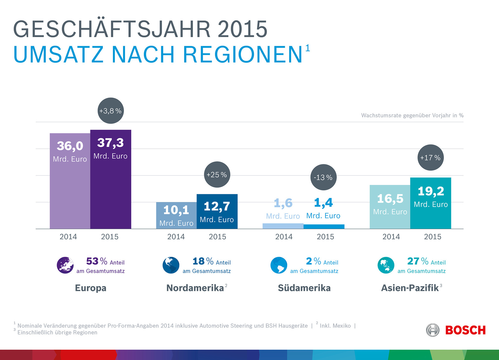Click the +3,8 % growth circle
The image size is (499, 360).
click(110, 111)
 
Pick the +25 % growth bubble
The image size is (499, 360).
click(217, 175)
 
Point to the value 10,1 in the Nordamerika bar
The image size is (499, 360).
click(176, 210)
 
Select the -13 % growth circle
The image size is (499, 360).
click(323, 177)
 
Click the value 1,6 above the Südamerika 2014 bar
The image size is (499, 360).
click(283, 203)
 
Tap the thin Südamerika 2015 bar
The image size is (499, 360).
click(324, 227)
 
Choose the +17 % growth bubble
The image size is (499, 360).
click(430, 158)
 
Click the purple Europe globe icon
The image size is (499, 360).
click(65, 265)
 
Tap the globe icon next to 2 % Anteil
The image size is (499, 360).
click(279, 265)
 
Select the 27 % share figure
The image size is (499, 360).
click(413, 261)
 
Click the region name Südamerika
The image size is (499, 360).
click(304, 288)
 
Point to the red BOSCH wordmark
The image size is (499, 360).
click(465, 330)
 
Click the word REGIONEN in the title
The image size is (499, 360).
click(243, 55)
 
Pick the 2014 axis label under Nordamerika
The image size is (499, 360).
click(176, 237)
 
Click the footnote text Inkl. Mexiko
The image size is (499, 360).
click(335, 326)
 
